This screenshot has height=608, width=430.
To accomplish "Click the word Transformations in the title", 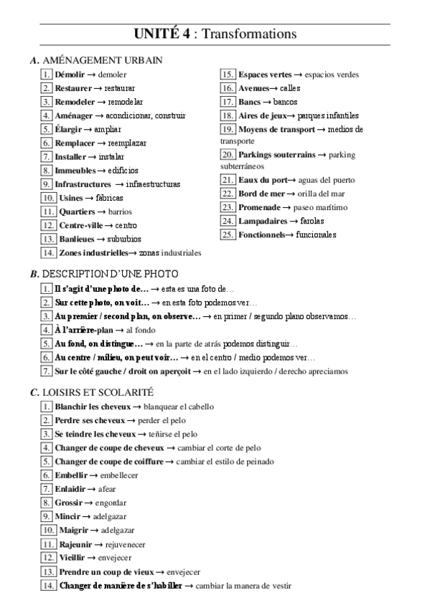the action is pyautogui.click(x=249, y=34).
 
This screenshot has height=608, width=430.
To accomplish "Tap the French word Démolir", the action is pyautogui.click(x=70, y=75).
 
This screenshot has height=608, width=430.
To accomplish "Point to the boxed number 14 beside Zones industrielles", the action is pyautogui.click(x=48, y=252).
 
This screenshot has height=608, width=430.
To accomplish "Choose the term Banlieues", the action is pyautogui.click(x=75, y=239).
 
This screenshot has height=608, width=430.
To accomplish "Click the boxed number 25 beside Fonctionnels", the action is pyautogui.click(x=228, y=234).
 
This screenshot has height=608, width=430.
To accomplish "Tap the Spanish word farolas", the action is pyautogui.click(x=317, y=221).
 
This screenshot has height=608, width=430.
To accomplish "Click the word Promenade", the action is pyautogui.click(x=260, y=207).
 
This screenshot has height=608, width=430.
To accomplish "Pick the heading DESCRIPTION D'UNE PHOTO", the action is pyautogui.click(x=111, y=275).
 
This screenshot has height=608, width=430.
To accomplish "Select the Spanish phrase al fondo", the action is pyautogui.click(x=141, y=330).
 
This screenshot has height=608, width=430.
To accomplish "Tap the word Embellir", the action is pyautogui.click(x=71, y=475).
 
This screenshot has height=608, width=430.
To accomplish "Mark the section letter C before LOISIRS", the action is pyautogui.click(x=34, y=393).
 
